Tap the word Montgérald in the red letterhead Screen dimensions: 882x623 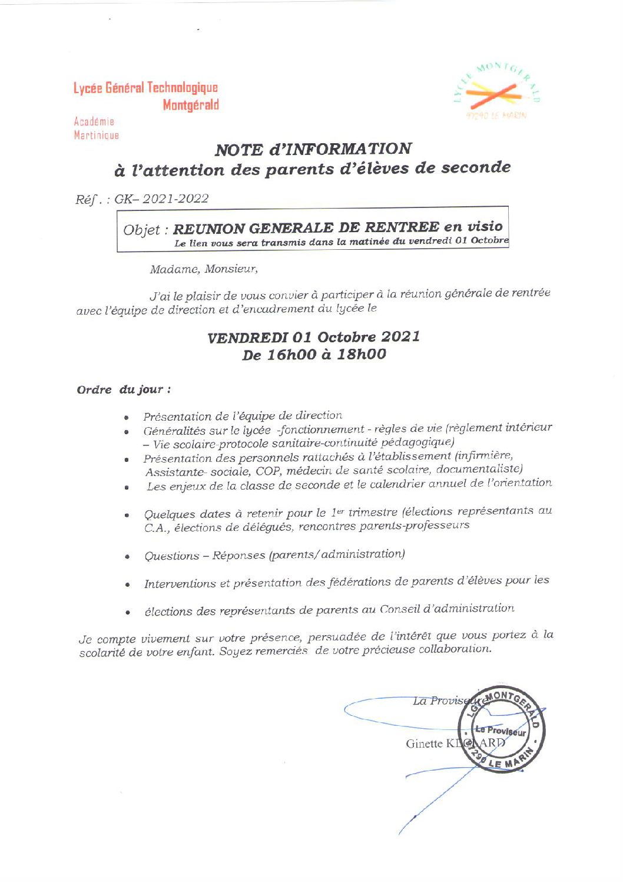coord(191,105)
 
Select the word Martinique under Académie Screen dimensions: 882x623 coord(97,136)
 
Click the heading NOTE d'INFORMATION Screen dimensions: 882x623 coord(313,149)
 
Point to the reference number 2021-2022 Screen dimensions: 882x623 coord(176,199)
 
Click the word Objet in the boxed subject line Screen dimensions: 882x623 coord(142,229)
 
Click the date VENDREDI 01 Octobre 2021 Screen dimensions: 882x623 coord(314,337)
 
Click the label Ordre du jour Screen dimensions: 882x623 coord(124,389)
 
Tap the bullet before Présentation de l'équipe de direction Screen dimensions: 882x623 coord(127,417)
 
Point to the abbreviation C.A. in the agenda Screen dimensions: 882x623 coord(155,528)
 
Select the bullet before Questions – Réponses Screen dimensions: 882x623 coord(127,556)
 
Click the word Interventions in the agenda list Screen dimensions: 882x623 coord(181,584)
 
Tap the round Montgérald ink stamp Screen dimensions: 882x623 coord(502,730)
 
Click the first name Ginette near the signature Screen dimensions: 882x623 coord(424,744)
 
